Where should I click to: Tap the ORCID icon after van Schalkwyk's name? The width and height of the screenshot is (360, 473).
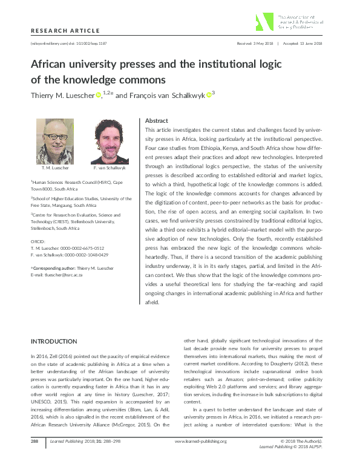coord(209,94)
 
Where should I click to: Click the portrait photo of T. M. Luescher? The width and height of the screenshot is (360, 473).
coord(52,139)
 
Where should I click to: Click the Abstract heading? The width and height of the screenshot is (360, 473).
coord(157,120)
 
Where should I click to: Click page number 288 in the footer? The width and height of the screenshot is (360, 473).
coord(34,458)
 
